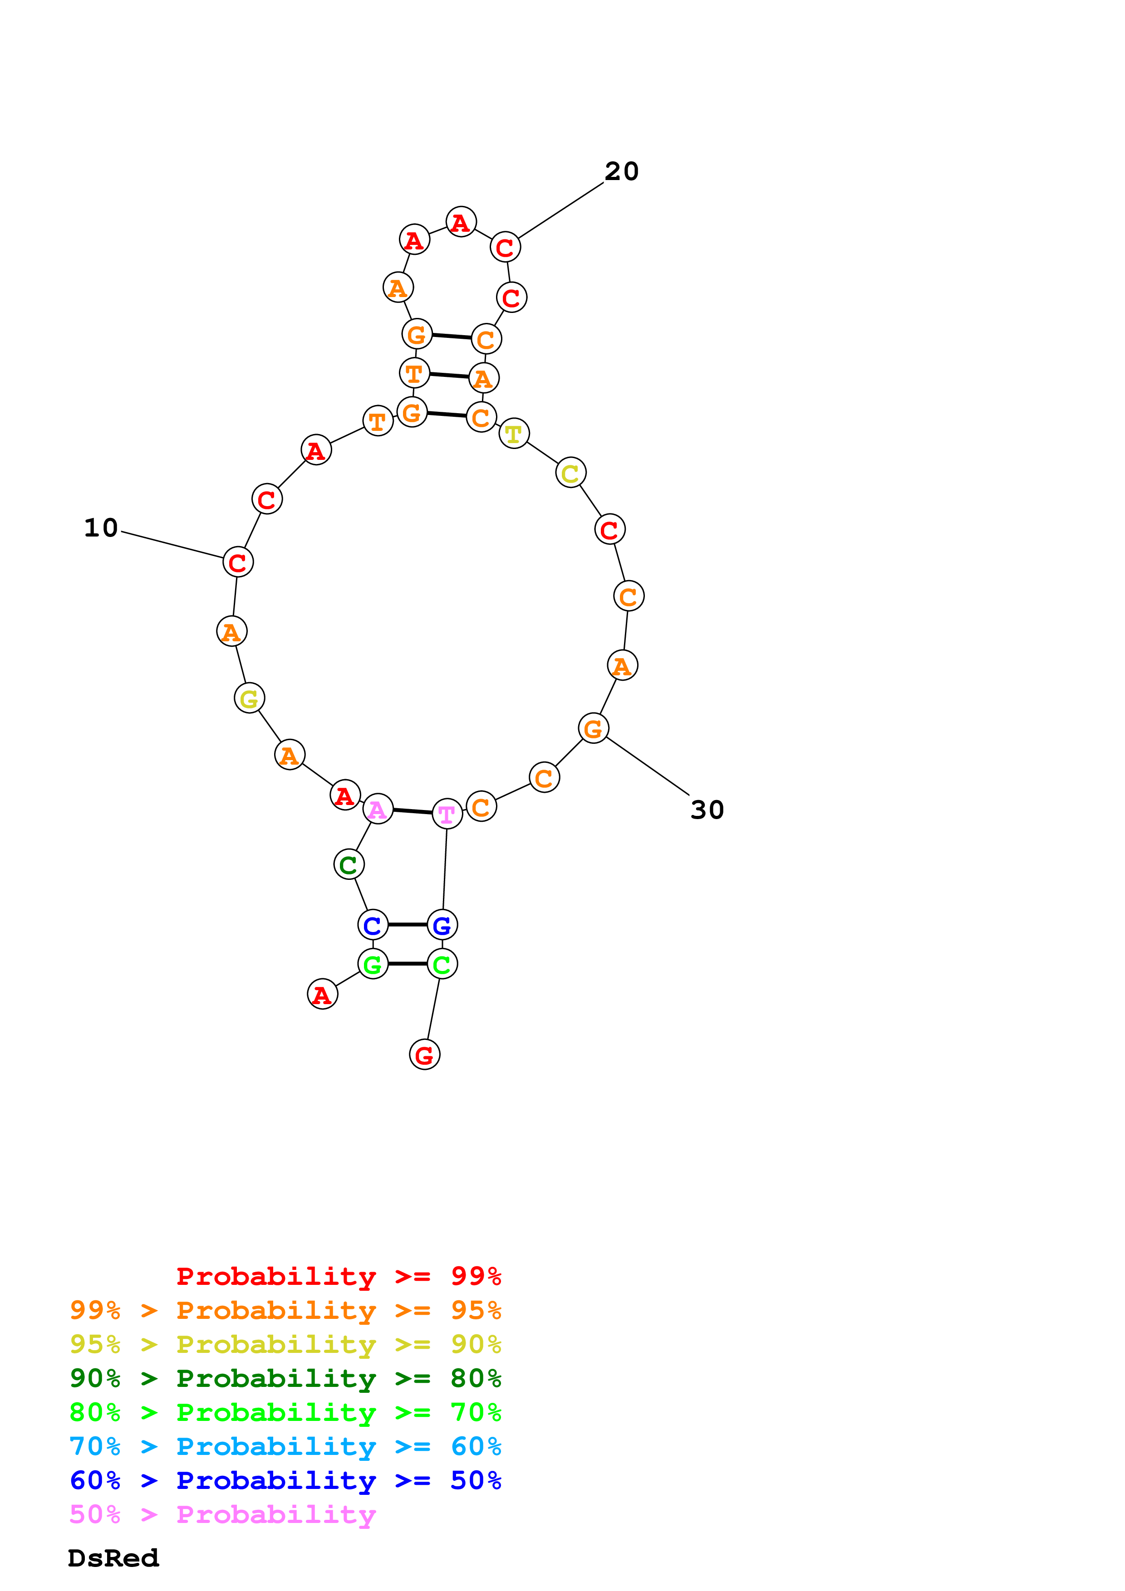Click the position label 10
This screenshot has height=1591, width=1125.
tap(101, 528)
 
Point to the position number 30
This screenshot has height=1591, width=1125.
tap(707, 810)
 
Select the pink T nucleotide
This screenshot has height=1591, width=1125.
tap(447, 814)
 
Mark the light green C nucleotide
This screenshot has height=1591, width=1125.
tap(442, 963)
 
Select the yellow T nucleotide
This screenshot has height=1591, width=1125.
tap(514, 434)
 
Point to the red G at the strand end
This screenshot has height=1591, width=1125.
tap(424, 1054)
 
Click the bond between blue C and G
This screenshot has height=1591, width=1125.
tap(408, 924)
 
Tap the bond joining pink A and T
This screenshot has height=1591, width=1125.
tap(413, 811)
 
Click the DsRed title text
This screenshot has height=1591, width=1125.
tap(113, 1558)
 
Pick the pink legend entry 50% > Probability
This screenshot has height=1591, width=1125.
tap(222, 1514)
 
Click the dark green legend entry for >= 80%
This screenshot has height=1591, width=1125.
tap(285, 1378)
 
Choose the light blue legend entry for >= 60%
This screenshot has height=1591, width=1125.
tap(285, 1446)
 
